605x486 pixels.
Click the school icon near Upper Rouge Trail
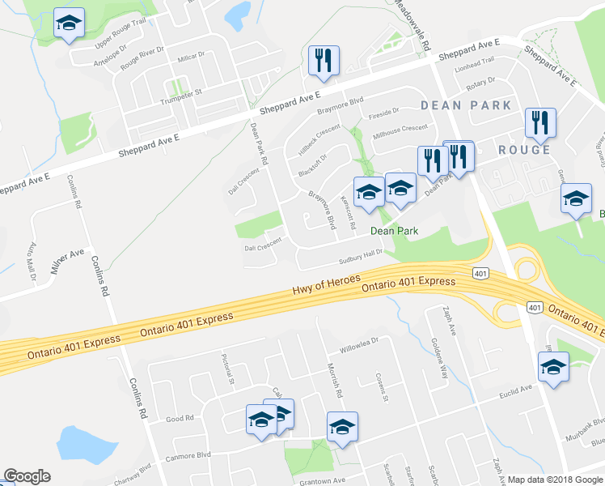click(70, 24)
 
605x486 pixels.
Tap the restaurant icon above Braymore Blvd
click(324, 60)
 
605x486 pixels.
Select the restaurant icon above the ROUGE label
click(539, 123)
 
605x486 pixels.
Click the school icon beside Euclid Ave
click(554, 366)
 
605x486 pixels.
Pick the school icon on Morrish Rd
click(342, 427)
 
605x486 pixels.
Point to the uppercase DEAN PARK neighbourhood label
click(466, 105)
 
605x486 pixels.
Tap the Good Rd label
click(180, 419)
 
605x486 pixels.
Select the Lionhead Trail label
click(475, 62)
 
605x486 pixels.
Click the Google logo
click(27, 476)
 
